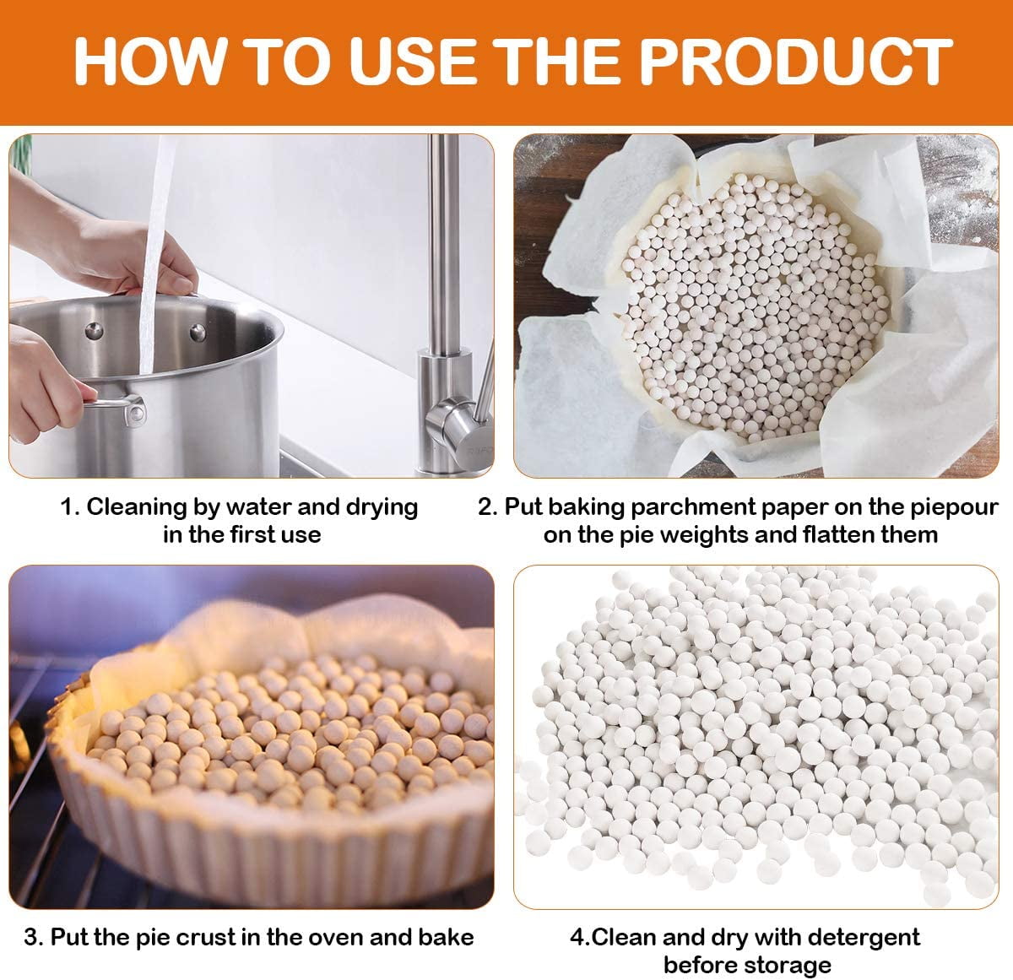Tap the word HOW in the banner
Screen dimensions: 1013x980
coord(149,61)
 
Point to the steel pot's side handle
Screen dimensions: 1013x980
coord(116,405)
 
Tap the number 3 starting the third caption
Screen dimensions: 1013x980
coord(30,938)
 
